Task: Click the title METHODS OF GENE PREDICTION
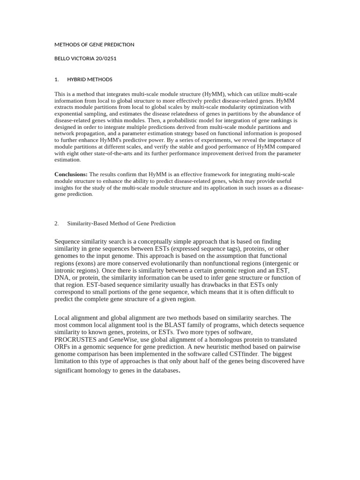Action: [94, 45]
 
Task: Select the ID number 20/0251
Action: [106, 59]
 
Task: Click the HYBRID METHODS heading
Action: [90, 79]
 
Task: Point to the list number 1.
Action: [56, 79]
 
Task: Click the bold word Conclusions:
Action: [71, 174]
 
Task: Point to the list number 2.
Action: [56, 224]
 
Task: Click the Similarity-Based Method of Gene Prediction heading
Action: [121, 224]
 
